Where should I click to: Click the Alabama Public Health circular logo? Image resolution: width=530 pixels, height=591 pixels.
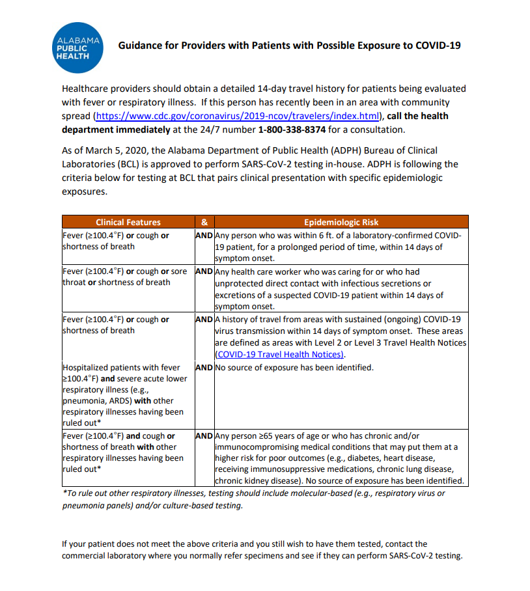(x=79, y=48)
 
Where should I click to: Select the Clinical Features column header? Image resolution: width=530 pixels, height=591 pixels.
(x=128, y=222)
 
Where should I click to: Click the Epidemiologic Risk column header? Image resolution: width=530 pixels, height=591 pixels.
(x=341, y=222)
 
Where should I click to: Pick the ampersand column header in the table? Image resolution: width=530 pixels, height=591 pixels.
(x=204, y=222)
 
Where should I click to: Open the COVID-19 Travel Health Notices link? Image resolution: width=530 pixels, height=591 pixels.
(x=279, y=354)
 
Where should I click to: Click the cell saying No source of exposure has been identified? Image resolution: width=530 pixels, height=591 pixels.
(x=294, y=368)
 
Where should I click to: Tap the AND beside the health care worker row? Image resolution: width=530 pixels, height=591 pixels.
(x=204, y=271)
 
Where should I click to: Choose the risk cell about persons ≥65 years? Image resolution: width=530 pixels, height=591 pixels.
(x=340, y=458)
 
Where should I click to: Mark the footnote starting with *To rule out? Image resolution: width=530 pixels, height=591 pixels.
(x=254, y=499)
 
